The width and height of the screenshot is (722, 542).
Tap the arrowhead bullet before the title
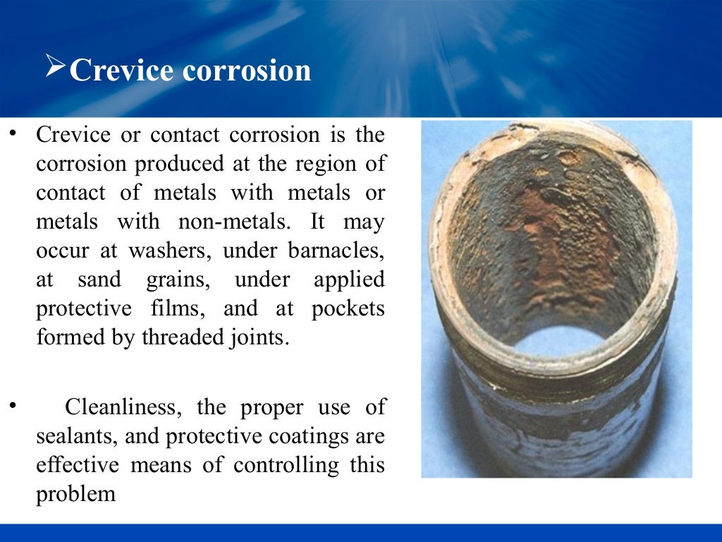(56, 68)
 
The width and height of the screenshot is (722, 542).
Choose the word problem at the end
(75, 494)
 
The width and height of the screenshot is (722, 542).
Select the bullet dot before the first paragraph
(11, 135)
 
